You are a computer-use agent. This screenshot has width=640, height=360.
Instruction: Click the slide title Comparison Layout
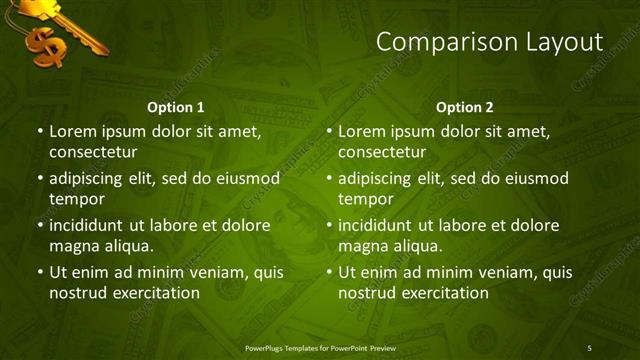click(x=489, y=42)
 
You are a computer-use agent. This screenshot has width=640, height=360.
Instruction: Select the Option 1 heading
click(x=176, y=107)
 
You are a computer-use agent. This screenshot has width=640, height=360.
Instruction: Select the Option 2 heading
click(x=465, y=107)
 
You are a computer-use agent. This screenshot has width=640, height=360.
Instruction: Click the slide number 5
click(x=589, y=348)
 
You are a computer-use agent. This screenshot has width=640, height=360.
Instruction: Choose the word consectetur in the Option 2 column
click(x=382, y=152)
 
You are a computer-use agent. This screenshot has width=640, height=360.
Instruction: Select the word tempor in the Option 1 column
click(x=73, y=199)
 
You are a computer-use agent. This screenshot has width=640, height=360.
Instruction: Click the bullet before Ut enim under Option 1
click(x=39, y=272)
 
